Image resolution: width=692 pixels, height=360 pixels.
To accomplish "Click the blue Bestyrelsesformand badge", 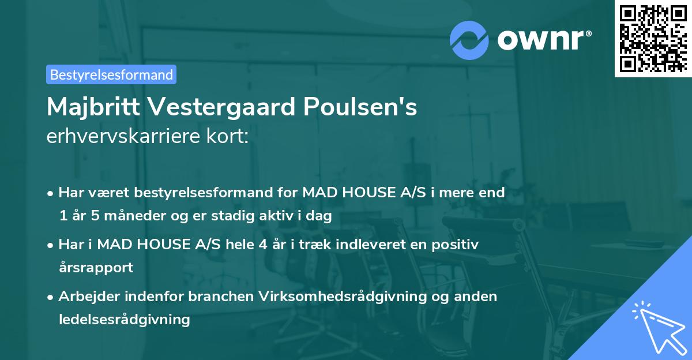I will [x=111, y=74].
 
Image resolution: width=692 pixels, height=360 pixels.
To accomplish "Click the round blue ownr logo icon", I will [x=469, y=40].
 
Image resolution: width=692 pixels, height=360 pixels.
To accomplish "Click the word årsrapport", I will [x=96, y=267].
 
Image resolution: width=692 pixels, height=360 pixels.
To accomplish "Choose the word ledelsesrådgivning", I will [x=124, y=319].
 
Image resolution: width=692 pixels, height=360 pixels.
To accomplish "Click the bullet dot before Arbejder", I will [x=51, y=297].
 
